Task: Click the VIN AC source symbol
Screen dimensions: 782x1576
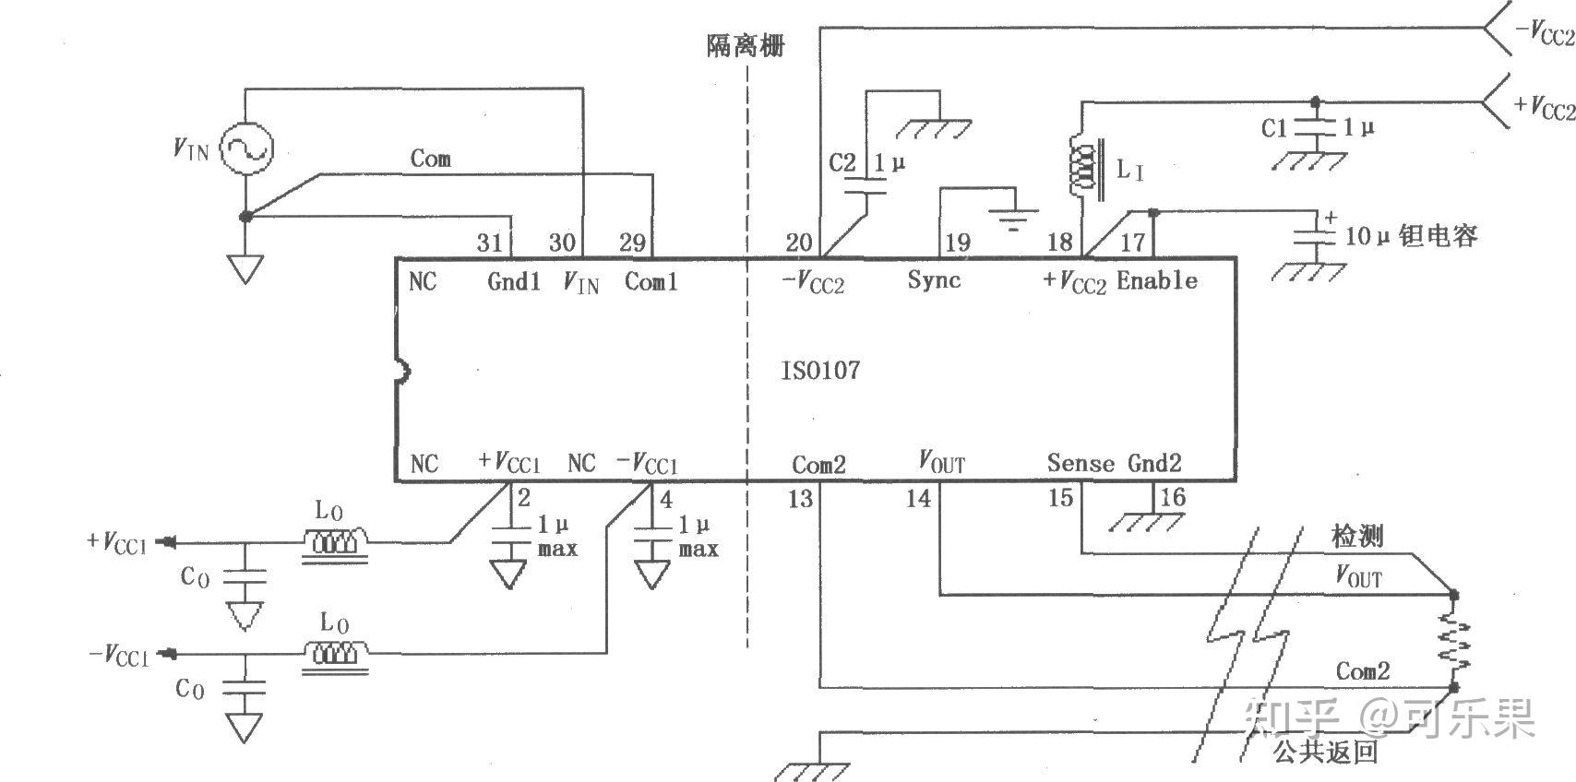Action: click(246, 148)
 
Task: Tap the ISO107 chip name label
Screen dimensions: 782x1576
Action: click(819, 371)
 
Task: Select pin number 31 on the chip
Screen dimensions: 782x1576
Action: click(489, 243)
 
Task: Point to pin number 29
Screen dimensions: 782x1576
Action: click(631, 243)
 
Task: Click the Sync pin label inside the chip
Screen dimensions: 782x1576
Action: click(934, 280)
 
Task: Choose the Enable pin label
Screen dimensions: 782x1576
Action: click(1157, 280)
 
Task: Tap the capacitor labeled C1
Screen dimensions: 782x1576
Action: click(1315, 129)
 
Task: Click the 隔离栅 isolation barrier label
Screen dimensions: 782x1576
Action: click(746, 45)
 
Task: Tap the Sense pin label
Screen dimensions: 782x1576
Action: click(1080, 463)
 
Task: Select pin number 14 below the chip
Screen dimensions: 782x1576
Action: click(918, 499)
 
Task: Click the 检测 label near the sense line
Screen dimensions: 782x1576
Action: click(1356, 536)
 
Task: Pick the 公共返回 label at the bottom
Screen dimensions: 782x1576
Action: click(1325, 752)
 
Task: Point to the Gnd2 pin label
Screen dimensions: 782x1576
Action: click(1154, 463)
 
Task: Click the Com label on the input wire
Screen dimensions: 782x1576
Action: click(431, 159)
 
